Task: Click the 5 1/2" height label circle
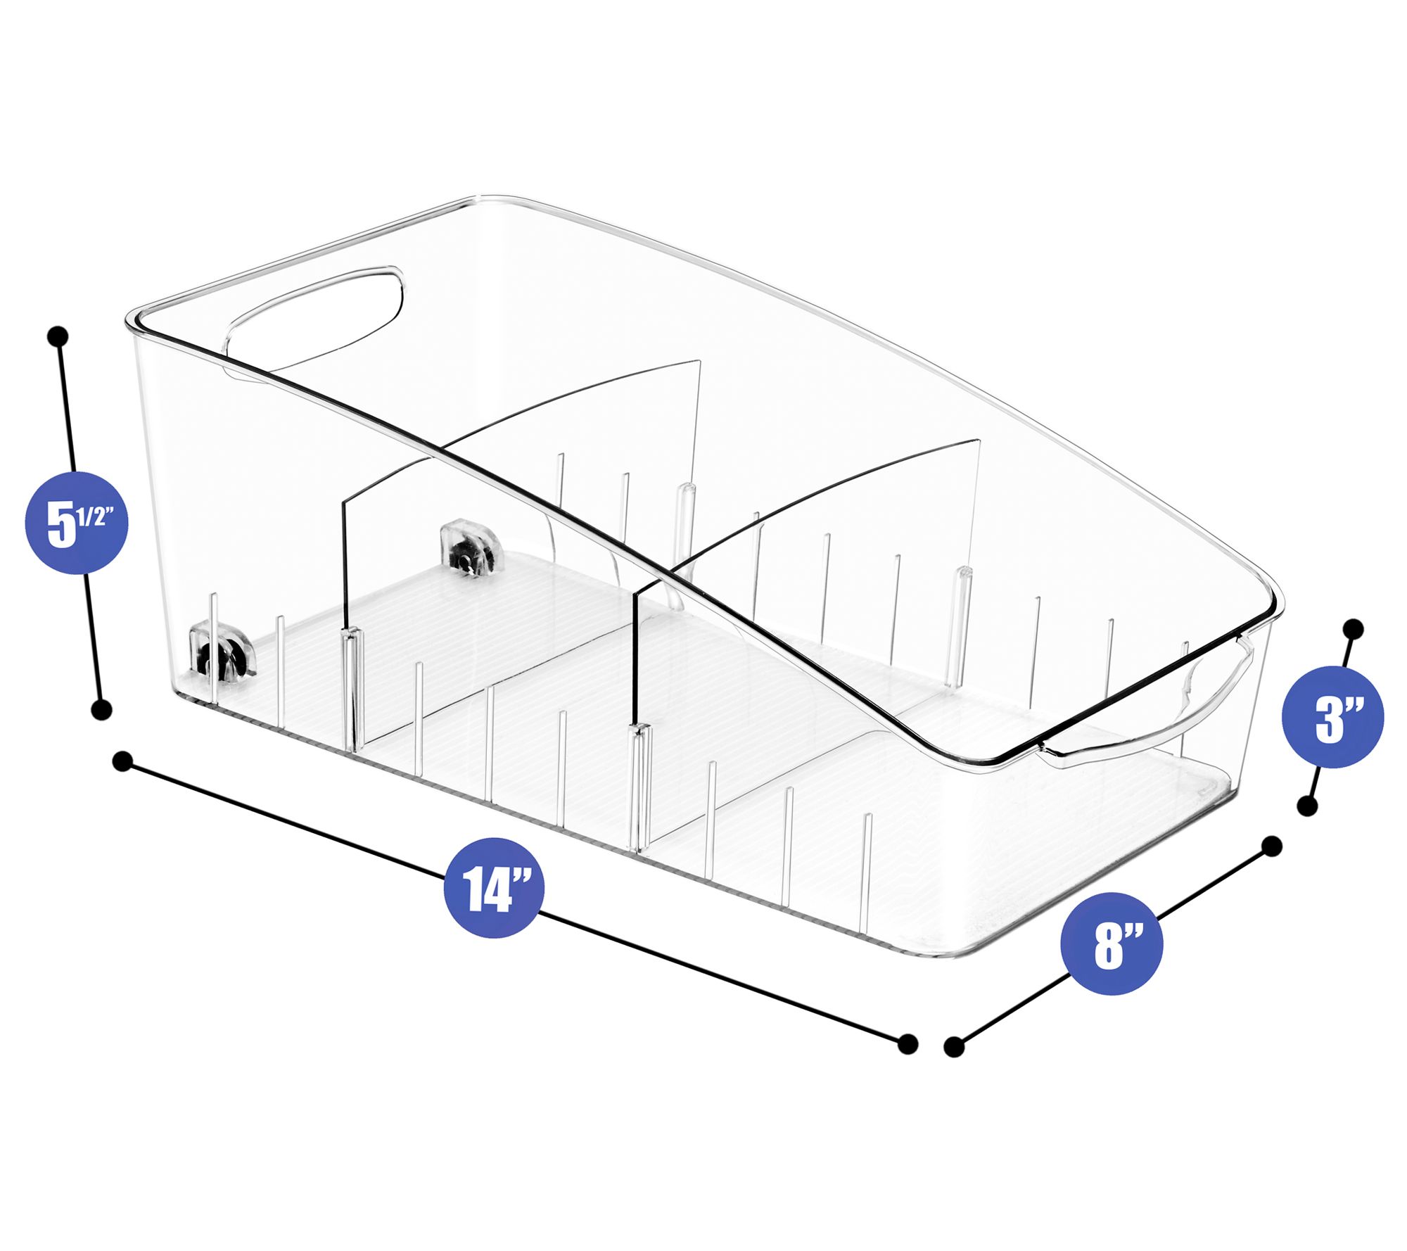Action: [x=77, y=522]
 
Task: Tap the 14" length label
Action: [x=495, y=887]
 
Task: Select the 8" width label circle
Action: [x=1112, y=944]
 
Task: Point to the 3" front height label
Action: [x=1333, y=718]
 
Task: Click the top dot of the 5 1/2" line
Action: [x=58, y=336]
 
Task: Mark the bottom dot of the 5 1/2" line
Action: [x=102, y=709]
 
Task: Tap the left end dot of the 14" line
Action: [x=122, y=761]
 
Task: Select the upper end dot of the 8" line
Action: [x=1272, y=846]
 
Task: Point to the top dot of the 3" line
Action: [x=1353, y=628]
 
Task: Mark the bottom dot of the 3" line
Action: [x=1307, y=806]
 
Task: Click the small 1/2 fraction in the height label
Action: [x=93, y=517]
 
